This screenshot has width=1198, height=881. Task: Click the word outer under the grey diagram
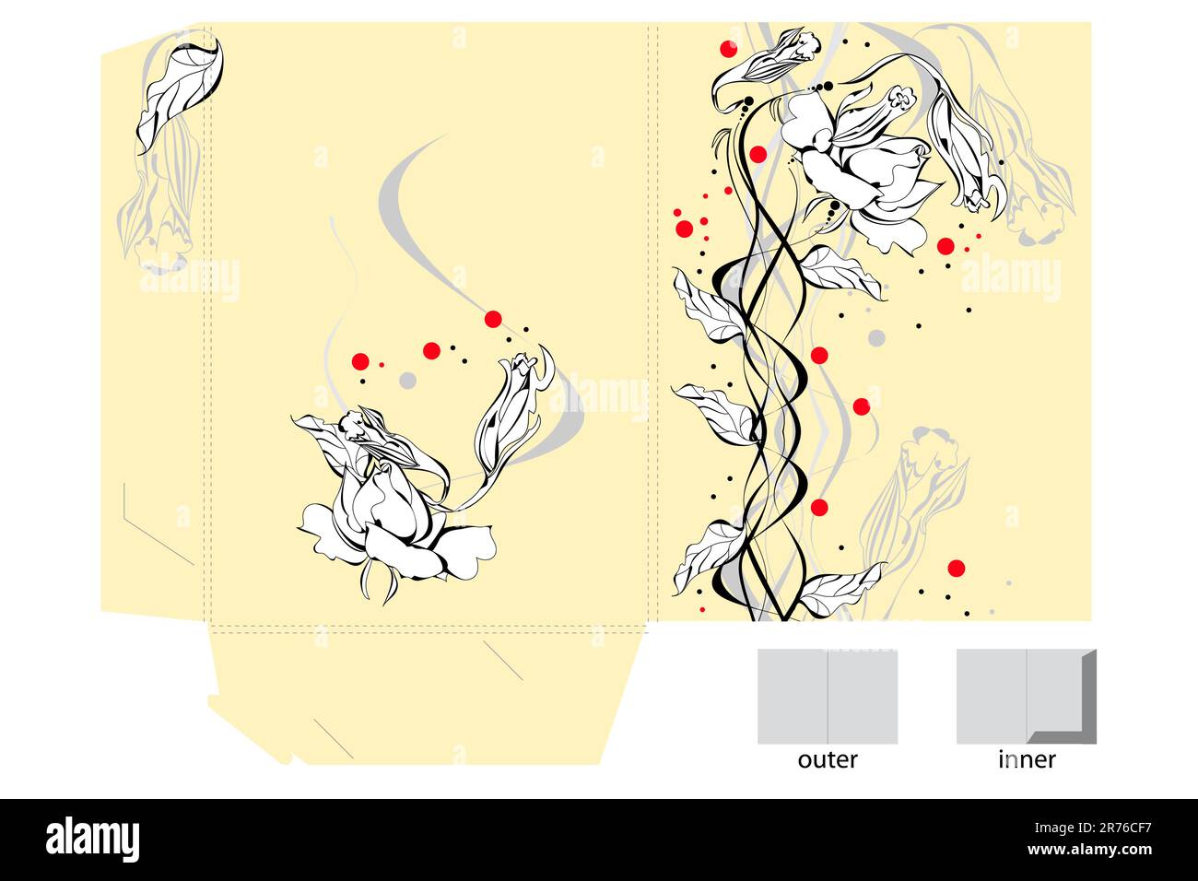(828, 760)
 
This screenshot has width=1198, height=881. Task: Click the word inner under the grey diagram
(1027, 759)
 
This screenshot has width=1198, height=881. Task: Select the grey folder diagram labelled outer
(828, 697)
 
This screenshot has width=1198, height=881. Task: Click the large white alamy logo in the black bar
(92, 839)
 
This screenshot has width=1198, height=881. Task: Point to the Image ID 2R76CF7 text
(1093, 828)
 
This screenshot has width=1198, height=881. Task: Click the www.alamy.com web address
(1089, 849)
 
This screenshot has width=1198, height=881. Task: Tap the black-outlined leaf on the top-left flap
(181, 94)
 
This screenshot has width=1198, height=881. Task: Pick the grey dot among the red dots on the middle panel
(407, 381)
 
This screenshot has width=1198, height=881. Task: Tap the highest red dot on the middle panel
(493, 320)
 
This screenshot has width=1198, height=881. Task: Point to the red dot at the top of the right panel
(728, 49)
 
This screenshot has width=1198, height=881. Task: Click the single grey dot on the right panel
(876, 338)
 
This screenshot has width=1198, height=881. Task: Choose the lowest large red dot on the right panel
(957, 568)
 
